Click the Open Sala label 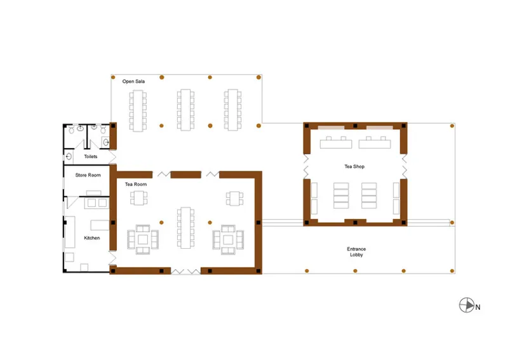click(x=133, y=81)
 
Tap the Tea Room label click(x=136, y=184)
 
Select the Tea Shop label click(x=354, y=166)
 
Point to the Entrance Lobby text click(x=356, y=252)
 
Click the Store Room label click(x=88, y=175)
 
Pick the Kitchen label click(x=92, y=238)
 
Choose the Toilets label click(x=91, y=156)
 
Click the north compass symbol click(x=467, y=305)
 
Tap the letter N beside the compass click(x=478, y=307)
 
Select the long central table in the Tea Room click(x=185, y=228)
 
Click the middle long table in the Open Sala click(x=185, y=110)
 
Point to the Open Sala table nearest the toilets click(x=138, y=110)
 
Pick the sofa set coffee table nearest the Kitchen click(x=143, y=239)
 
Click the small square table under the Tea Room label click(x=138, y=198)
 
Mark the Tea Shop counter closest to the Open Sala click(x=336, y=143)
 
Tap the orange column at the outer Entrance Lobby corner click(x=452, y=271)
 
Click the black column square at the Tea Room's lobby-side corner click(x=258, y=271)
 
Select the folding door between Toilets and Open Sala click(x=113, y=157)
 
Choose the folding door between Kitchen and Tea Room click(x=113, y=258)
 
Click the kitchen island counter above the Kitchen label click(x=100, y=225)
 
